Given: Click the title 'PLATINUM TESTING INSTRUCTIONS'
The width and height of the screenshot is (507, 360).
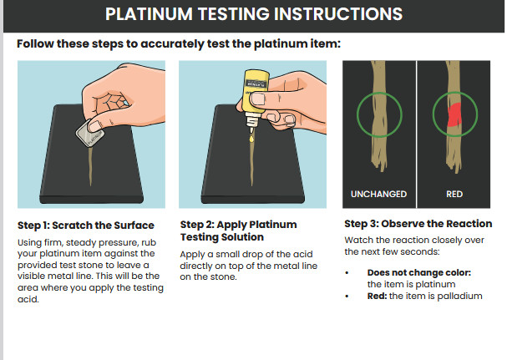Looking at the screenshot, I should coord(253,14).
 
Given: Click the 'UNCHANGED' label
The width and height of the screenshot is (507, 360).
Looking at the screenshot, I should coord(380,194).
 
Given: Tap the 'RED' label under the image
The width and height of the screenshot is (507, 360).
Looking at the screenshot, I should coord(455,194).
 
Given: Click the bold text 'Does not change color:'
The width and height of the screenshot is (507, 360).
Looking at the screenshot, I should coord(418,272).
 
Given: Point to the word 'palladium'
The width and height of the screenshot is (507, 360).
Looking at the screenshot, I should coord(459,296).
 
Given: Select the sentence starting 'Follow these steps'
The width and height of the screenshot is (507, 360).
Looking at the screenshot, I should coord(179,43).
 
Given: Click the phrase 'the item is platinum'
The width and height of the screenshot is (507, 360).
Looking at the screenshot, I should coord(405,284).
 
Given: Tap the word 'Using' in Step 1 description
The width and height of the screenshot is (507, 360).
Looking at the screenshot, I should coord(30,241).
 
